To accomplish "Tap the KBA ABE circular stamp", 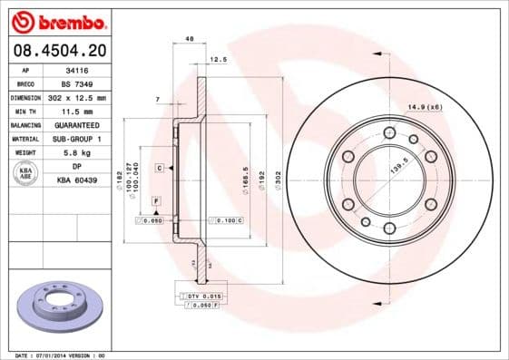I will [26, 174].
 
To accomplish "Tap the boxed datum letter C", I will [159, 169].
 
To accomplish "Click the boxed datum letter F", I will [156, 199].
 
